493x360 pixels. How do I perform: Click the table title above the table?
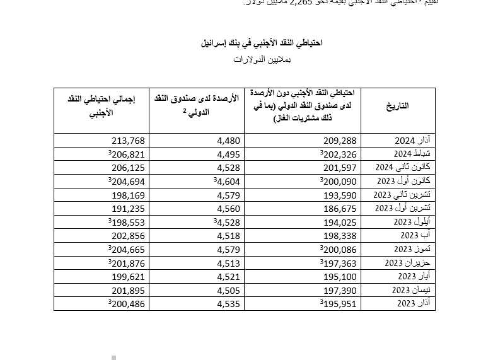pyautogui.click(x=262, y=44)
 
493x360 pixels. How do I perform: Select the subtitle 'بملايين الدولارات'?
pyautogui.click(x=262, y=59)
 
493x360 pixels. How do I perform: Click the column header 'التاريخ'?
pyautogui.click(x=397, y=106)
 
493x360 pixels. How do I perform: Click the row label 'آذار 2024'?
pyautogui.click(x=412, y=140)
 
